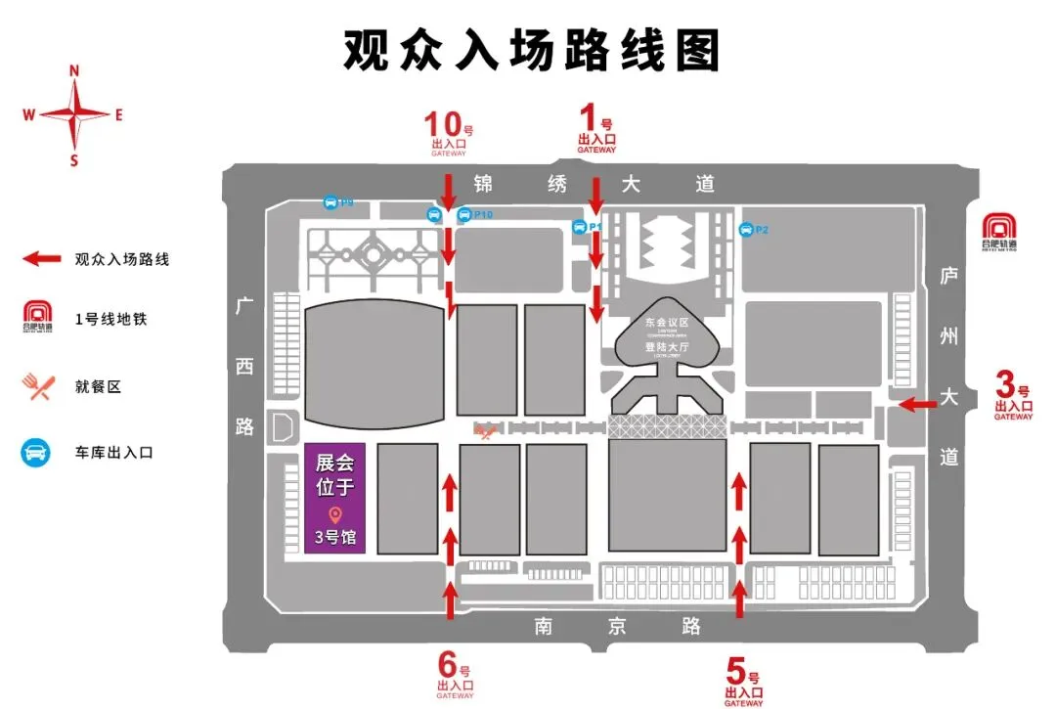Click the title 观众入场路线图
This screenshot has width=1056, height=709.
tap(531, 49)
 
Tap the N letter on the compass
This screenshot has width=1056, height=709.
tap(74, 70)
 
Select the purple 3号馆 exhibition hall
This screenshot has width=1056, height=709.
tap(334, 499)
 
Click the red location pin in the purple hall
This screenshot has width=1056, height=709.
tap(334, 514)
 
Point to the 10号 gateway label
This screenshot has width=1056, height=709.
tap(449, 132)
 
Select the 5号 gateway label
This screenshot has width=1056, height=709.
tap(743, 681)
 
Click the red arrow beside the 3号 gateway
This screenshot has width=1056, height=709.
tap(918, 403)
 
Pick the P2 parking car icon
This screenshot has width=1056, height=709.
tap(745, 230)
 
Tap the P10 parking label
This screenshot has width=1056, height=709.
tap(483, 214)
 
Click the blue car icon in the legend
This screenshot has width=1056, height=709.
tap(36, 453)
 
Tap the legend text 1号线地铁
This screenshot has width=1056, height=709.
tap(110, 319)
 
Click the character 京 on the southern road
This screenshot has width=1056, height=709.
tap(616, 627)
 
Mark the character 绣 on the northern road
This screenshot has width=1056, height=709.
tap(557, 184)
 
